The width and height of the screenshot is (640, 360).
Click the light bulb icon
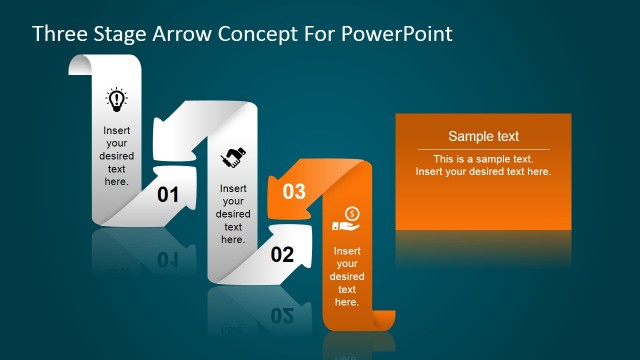(117, 99)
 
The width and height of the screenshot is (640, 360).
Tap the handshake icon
(234, 156)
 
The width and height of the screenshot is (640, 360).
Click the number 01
(168, 195)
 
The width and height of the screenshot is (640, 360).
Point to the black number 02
(282, 255)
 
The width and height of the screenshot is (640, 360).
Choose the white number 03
(294, 192)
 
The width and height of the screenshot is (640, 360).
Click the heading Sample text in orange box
(483, 137)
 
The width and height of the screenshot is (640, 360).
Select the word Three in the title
(59, 33)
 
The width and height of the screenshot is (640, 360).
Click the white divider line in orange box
(483, 150)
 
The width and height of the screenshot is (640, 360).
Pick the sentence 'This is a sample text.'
(483, 159)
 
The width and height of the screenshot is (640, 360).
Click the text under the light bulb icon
(117, 155)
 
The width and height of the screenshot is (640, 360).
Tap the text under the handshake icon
(233, 213)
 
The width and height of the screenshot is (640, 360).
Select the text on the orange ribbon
(347, 276)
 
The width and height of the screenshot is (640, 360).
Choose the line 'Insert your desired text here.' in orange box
(483, 172)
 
